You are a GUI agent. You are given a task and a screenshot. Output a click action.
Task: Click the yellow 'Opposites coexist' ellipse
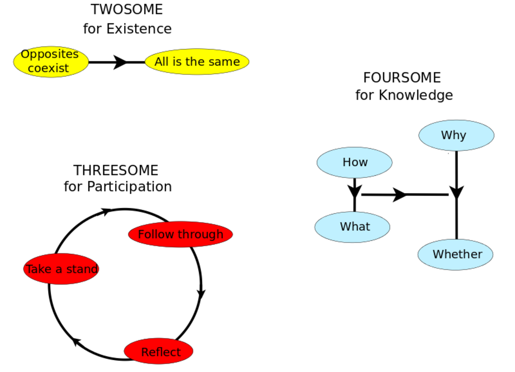[x=51, y=62]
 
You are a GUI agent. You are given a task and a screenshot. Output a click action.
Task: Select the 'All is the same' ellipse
[x=197, y=62]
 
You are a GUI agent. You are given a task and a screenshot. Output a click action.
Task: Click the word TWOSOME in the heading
[x=127, y=9]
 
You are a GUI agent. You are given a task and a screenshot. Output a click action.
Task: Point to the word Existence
[x=139, y=29]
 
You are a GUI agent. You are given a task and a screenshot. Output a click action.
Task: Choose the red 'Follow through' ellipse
[x=181, y=234]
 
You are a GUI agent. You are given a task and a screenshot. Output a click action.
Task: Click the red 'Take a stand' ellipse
[x=61, y=269]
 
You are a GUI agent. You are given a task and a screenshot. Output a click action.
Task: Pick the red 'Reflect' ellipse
[x=159, y=351]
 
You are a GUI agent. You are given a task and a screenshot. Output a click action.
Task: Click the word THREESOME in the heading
[x=116, y=170]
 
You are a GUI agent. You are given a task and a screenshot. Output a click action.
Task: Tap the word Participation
[x=129, y=187]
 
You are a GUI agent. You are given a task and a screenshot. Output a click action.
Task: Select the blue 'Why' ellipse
[x=456, y=135]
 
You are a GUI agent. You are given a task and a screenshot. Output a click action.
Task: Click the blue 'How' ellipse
[x=354, y=163]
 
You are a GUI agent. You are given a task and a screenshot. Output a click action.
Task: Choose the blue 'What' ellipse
[x=352, y=227]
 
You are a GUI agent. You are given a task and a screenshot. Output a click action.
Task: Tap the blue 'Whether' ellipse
[x=455, y=254]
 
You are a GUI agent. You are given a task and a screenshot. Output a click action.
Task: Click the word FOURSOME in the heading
[x=402, y=78]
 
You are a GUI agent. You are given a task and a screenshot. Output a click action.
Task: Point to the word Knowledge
[x=416, y=95]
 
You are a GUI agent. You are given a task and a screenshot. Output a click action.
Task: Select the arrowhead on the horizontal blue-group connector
[x=399, y=195]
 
